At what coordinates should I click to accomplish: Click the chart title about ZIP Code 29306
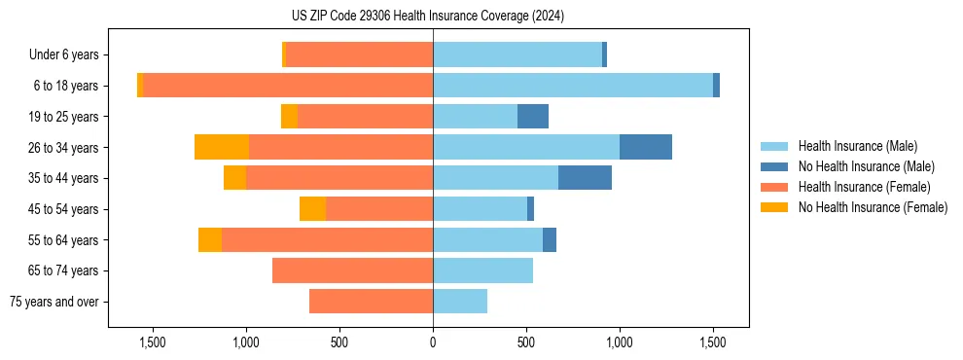428,16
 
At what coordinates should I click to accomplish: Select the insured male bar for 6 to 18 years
573,86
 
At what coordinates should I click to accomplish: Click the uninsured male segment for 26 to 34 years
646,147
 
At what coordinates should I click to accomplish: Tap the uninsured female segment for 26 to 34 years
222,147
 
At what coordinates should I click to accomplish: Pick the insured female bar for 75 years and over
371,302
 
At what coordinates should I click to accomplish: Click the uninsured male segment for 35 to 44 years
585,178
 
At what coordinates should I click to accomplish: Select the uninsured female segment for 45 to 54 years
312,209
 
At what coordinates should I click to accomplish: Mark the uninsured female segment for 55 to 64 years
210,240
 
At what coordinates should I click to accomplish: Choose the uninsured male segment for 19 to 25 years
533,117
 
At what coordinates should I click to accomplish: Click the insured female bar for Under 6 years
360,54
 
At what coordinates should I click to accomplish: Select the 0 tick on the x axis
433,342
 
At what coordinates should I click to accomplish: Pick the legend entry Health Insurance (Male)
857,146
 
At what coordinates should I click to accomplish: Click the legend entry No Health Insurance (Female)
873,207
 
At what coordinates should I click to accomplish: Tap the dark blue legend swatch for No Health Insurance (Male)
775,166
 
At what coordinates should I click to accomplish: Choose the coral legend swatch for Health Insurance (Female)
775,187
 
